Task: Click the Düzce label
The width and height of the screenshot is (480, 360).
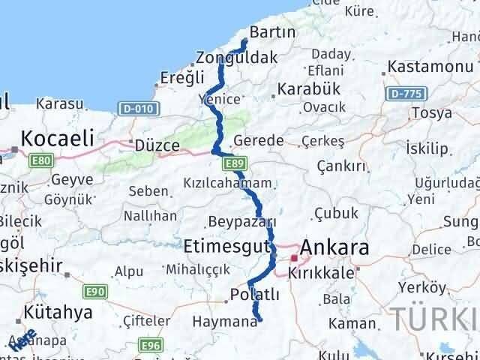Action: click(157, 145)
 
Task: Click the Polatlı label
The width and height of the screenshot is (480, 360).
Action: click(255, 295)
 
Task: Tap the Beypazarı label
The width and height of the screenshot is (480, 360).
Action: click(241, 222)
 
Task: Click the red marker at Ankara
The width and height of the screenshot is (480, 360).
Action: click(293, 257)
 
